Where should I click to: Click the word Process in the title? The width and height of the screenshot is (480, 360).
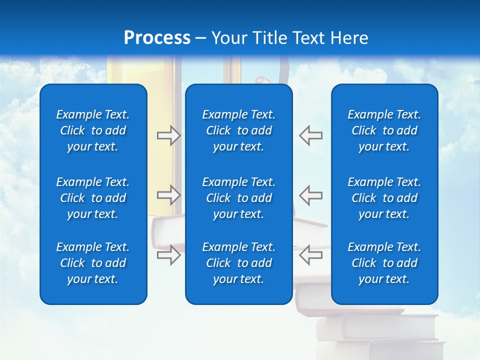pos(157,38)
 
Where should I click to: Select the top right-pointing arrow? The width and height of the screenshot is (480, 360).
pos(169,135)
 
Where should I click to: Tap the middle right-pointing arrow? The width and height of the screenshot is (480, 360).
pos(169,194)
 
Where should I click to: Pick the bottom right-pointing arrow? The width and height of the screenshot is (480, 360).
pos(169,254)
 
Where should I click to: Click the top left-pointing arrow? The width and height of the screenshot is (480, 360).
pos(310,135)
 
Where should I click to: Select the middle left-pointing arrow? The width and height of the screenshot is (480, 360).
pos(310,194)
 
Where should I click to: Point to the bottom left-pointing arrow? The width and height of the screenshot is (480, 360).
pos(310,254)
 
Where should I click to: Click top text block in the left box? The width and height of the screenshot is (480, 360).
pos(93,130)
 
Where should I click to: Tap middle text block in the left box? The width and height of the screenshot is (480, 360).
pos(93,198)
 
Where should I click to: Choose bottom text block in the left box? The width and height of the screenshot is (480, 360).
pos(93,263)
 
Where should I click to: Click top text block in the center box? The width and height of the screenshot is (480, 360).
pos(239,130)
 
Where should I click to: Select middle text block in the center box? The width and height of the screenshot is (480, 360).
pos(239,198)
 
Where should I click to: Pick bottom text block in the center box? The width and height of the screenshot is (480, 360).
pos(239,263)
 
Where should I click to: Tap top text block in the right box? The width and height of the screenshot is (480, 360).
pos(384,130)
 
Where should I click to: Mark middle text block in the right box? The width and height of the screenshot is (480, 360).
pos(384,198)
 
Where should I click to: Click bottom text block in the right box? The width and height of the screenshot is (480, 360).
pos(384,263)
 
